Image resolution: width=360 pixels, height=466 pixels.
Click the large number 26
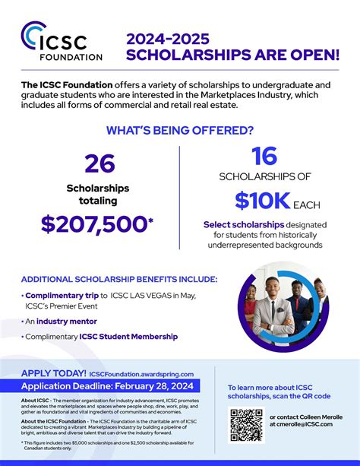click(x=100, y=164)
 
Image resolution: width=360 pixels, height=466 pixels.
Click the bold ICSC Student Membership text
click(x=128, y=336)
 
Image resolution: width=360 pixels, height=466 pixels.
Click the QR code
click(x=246, y=424)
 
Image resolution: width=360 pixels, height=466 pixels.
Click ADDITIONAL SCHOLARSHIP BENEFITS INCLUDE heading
click(x=119, y=279)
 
